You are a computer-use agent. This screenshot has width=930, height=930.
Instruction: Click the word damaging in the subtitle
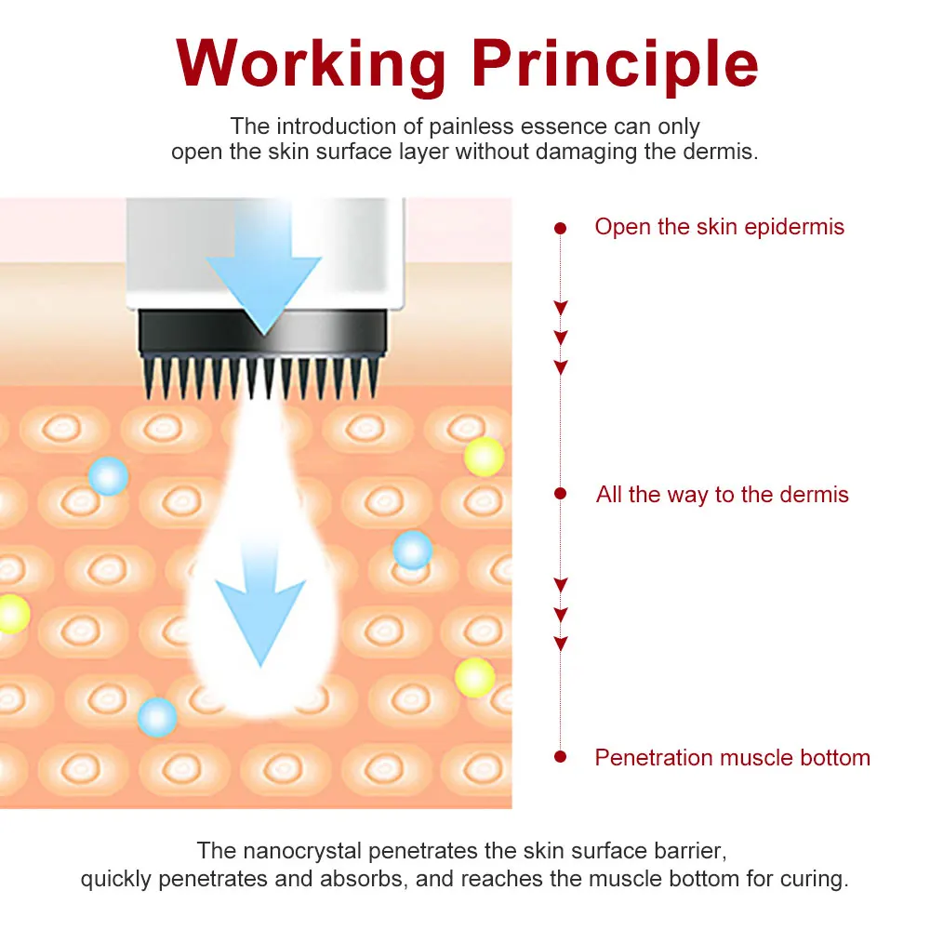[x=584, y=152]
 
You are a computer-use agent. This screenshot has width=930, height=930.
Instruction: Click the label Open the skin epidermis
[x=719, y=227]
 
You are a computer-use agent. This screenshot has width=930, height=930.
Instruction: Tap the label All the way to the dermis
[x=722, y=494]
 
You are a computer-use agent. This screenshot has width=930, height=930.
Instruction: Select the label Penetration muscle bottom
[x=732, y=757]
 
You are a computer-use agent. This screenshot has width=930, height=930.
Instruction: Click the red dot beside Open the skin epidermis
[x=560, y=227]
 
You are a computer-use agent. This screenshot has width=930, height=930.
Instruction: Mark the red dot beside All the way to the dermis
[x=560, y=494]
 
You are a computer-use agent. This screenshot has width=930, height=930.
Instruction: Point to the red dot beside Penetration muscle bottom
[x=560, y=757]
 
